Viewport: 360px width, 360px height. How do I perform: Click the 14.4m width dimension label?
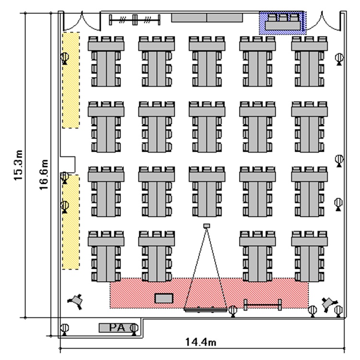200,342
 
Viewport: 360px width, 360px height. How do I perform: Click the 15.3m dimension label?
19,165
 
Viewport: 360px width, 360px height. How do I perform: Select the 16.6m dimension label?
44,175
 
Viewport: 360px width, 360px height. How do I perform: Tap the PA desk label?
117,327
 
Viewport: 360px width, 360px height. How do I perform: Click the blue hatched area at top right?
282,23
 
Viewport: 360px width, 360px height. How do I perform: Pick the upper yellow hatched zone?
71,80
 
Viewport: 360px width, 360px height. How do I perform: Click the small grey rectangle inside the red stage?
163,298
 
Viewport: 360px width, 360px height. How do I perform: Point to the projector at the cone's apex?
207,226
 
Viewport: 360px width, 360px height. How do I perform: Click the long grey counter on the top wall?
207,18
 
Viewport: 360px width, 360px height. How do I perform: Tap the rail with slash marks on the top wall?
135,20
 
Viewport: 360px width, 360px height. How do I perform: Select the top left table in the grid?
106,61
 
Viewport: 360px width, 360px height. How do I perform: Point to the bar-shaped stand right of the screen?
263,304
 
